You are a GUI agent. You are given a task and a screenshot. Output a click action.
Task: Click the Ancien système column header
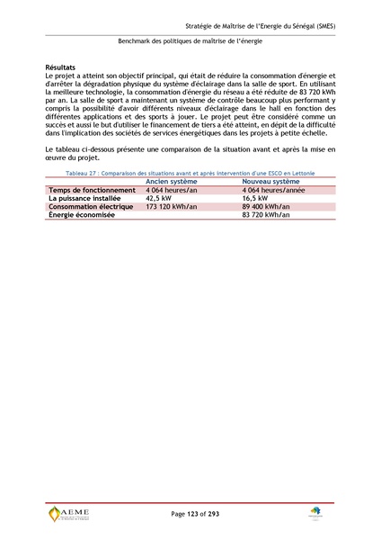click(x=171, y=182)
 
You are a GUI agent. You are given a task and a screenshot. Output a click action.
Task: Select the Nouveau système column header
click(x=270, y=182)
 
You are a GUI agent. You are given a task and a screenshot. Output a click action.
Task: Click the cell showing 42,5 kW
click(x=160, y=198)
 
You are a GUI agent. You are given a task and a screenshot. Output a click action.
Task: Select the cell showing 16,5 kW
click(x=256, y=198)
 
